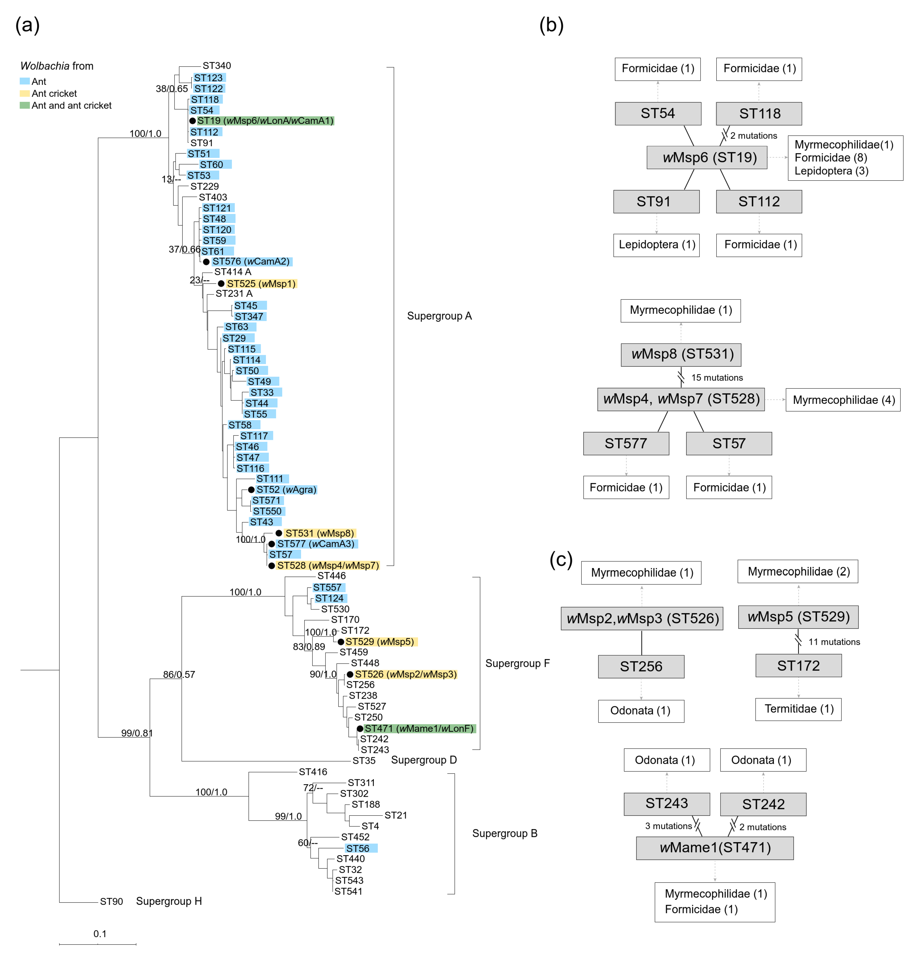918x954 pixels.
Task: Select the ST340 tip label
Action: [217, 66]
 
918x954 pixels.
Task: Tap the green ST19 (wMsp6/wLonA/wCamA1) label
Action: [265, 121]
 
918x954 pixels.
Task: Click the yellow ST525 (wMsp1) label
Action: [261, 284]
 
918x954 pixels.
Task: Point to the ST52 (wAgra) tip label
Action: [286, 490]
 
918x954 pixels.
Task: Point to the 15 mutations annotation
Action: [717, 378]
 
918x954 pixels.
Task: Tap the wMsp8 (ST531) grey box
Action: [681, 354]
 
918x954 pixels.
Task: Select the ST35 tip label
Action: [364, 761]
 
